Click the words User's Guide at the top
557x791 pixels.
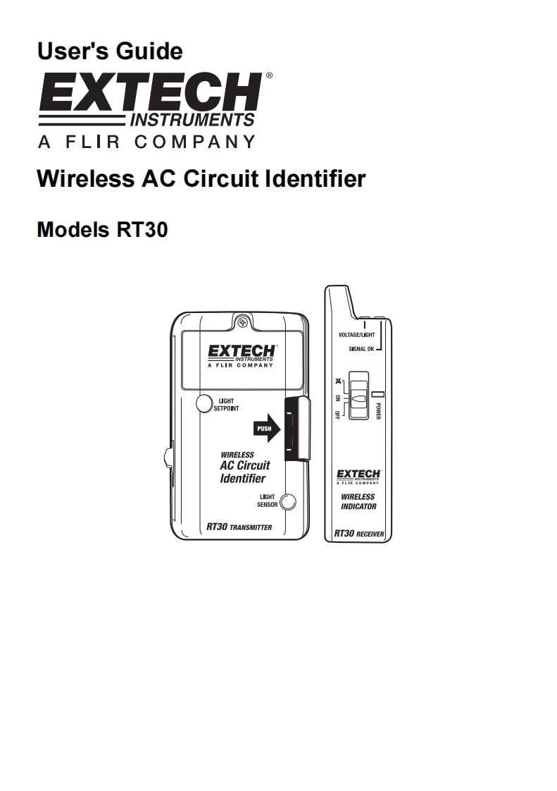[110, 51]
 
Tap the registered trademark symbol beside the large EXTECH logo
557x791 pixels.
[268, 75]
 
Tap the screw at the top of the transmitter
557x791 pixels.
[243, 322]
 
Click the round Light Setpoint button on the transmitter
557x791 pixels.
[204, 403]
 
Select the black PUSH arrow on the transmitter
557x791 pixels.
[266, 429]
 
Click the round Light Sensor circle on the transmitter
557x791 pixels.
[287, 502]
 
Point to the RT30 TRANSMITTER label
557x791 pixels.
[239, 527]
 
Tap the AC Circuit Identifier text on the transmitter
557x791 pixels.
[244, 472]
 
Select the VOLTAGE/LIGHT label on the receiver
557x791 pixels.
[356, 335]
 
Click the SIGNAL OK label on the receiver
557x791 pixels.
[361, 349]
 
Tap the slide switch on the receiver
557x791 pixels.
[359, 398]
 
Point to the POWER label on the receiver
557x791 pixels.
[378, 411]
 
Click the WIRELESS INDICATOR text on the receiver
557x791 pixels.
[358, 501]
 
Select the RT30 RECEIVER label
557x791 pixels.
[358, 534]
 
